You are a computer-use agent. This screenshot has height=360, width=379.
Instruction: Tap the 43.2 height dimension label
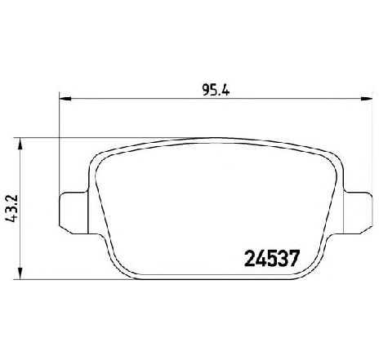click(10, 209)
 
